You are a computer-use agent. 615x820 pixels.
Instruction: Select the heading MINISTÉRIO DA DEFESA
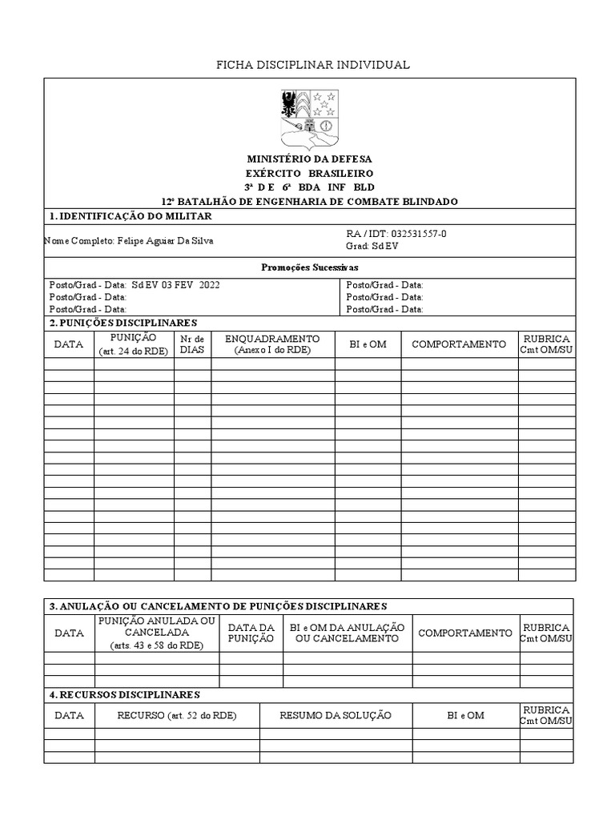click(x=308, y=159)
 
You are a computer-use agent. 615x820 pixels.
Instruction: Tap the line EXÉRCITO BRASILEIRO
click(x=308, y=173)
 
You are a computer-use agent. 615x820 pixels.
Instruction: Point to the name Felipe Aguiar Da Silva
click(x=166, y=240)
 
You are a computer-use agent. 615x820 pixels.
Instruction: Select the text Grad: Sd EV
click(x=372, y=246)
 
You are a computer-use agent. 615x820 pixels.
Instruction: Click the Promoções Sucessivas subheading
click(x=309, y=267)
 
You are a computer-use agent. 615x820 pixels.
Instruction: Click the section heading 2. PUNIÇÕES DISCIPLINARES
click(x=123, y=323)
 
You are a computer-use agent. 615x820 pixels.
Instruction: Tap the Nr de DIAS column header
click(x=193, y=344)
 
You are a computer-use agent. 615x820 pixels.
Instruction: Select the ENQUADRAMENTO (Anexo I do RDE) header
click(x=272, y=344)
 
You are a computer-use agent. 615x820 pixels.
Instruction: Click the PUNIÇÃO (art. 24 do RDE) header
click(x=134, y=344)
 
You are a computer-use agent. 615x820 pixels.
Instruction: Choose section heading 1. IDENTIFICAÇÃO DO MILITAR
click(x=131, y=216)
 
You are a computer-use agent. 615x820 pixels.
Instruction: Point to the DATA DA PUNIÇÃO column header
click(x=251, y=633)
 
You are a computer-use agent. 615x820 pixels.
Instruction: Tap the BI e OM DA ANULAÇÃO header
click(x=347, y=633)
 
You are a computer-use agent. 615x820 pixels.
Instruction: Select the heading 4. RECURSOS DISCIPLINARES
click(x=124, y=694)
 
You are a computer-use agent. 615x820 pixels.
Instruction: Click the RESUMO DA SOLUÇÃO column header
click(x=335, y=715)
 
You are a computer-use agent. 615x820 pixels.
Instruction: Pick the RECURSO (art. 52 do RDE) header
click(x=177, y=715)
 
